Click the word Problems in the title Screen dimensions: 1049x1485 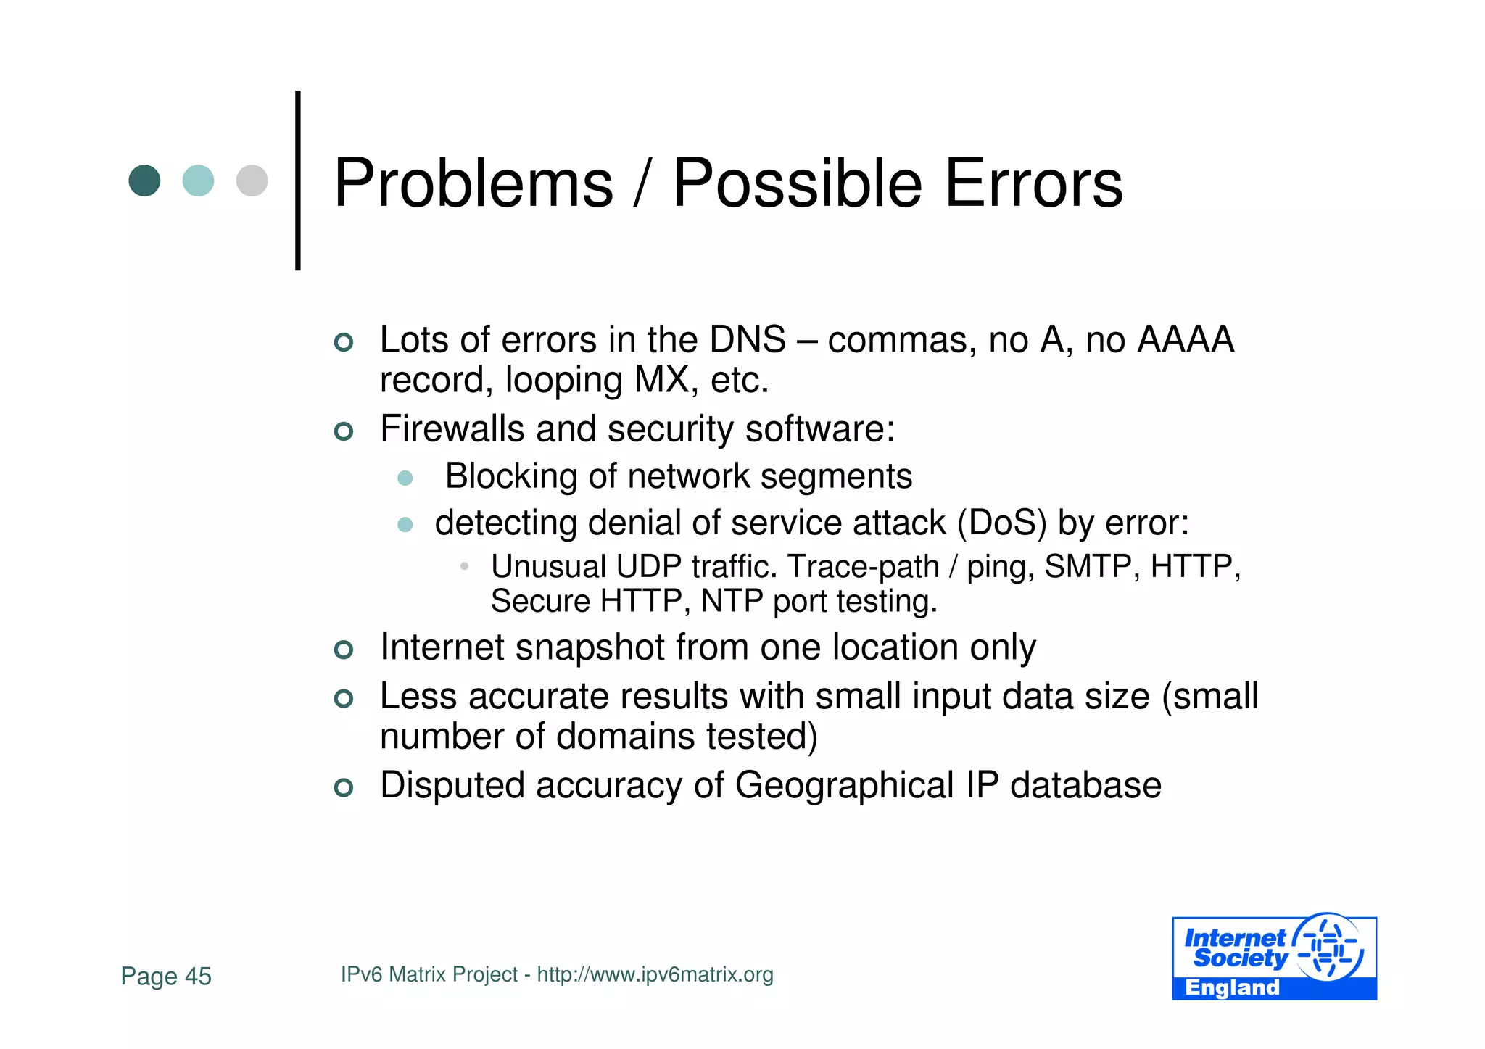click(x=473, y=183)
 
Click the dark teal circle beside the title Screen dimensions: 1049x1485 click(x=144, y=181)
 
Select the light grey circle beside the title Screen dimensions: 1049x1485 click(x=252, y=181)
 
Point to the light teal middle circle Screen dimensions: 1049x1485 click(x=198, y=181)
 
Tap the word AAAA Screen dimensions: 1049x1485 click(x=1186, y=339)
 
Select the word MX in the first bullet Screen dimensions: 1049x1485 click(x=661, y=380)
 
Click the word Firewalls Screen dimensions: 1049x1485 click(x=452, y=428)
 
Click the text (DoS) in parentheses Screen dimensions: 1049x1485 click(x=1001, y=523)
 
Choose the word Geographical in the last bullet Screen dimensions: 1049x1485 click(x=844, y=785)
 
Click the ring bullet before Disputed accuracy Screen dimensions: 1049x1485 click(x=344, y=787)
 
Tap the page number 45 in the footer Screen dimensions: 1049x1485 click(x=198, y=977)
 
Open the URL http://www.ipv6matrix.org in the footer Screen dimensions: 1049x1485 click(x=655, y=974)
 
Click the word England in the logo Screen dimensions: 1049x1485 click(x=1232, y=987)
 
